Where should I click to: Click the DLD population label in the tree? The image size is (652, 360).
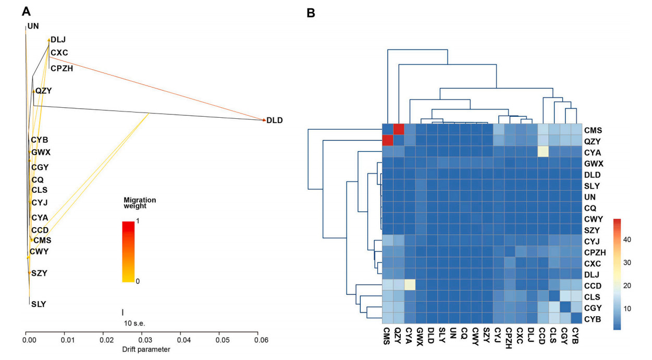(x=274, y=120)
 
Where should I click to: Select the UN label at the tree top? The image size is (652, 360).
(x=33, y=26)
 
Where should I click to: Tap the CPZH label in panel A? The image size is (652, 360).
(x=61, y=67)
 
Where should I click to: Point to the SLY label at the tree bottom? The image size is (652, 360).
(x=39, y=303)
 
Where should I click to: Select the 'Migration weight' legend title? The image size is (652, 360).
(x=140, y=203)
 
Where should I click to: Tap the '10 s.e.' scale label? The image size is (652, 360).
(x=134, y=323)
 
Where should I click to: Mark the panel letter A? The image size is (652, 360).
(x=26, y=10)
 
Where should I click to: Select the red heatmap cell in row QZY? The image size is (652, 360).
(x=388, y=141)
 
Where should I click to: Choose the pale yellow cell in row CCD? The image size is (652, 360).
(x=410, y=284)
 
